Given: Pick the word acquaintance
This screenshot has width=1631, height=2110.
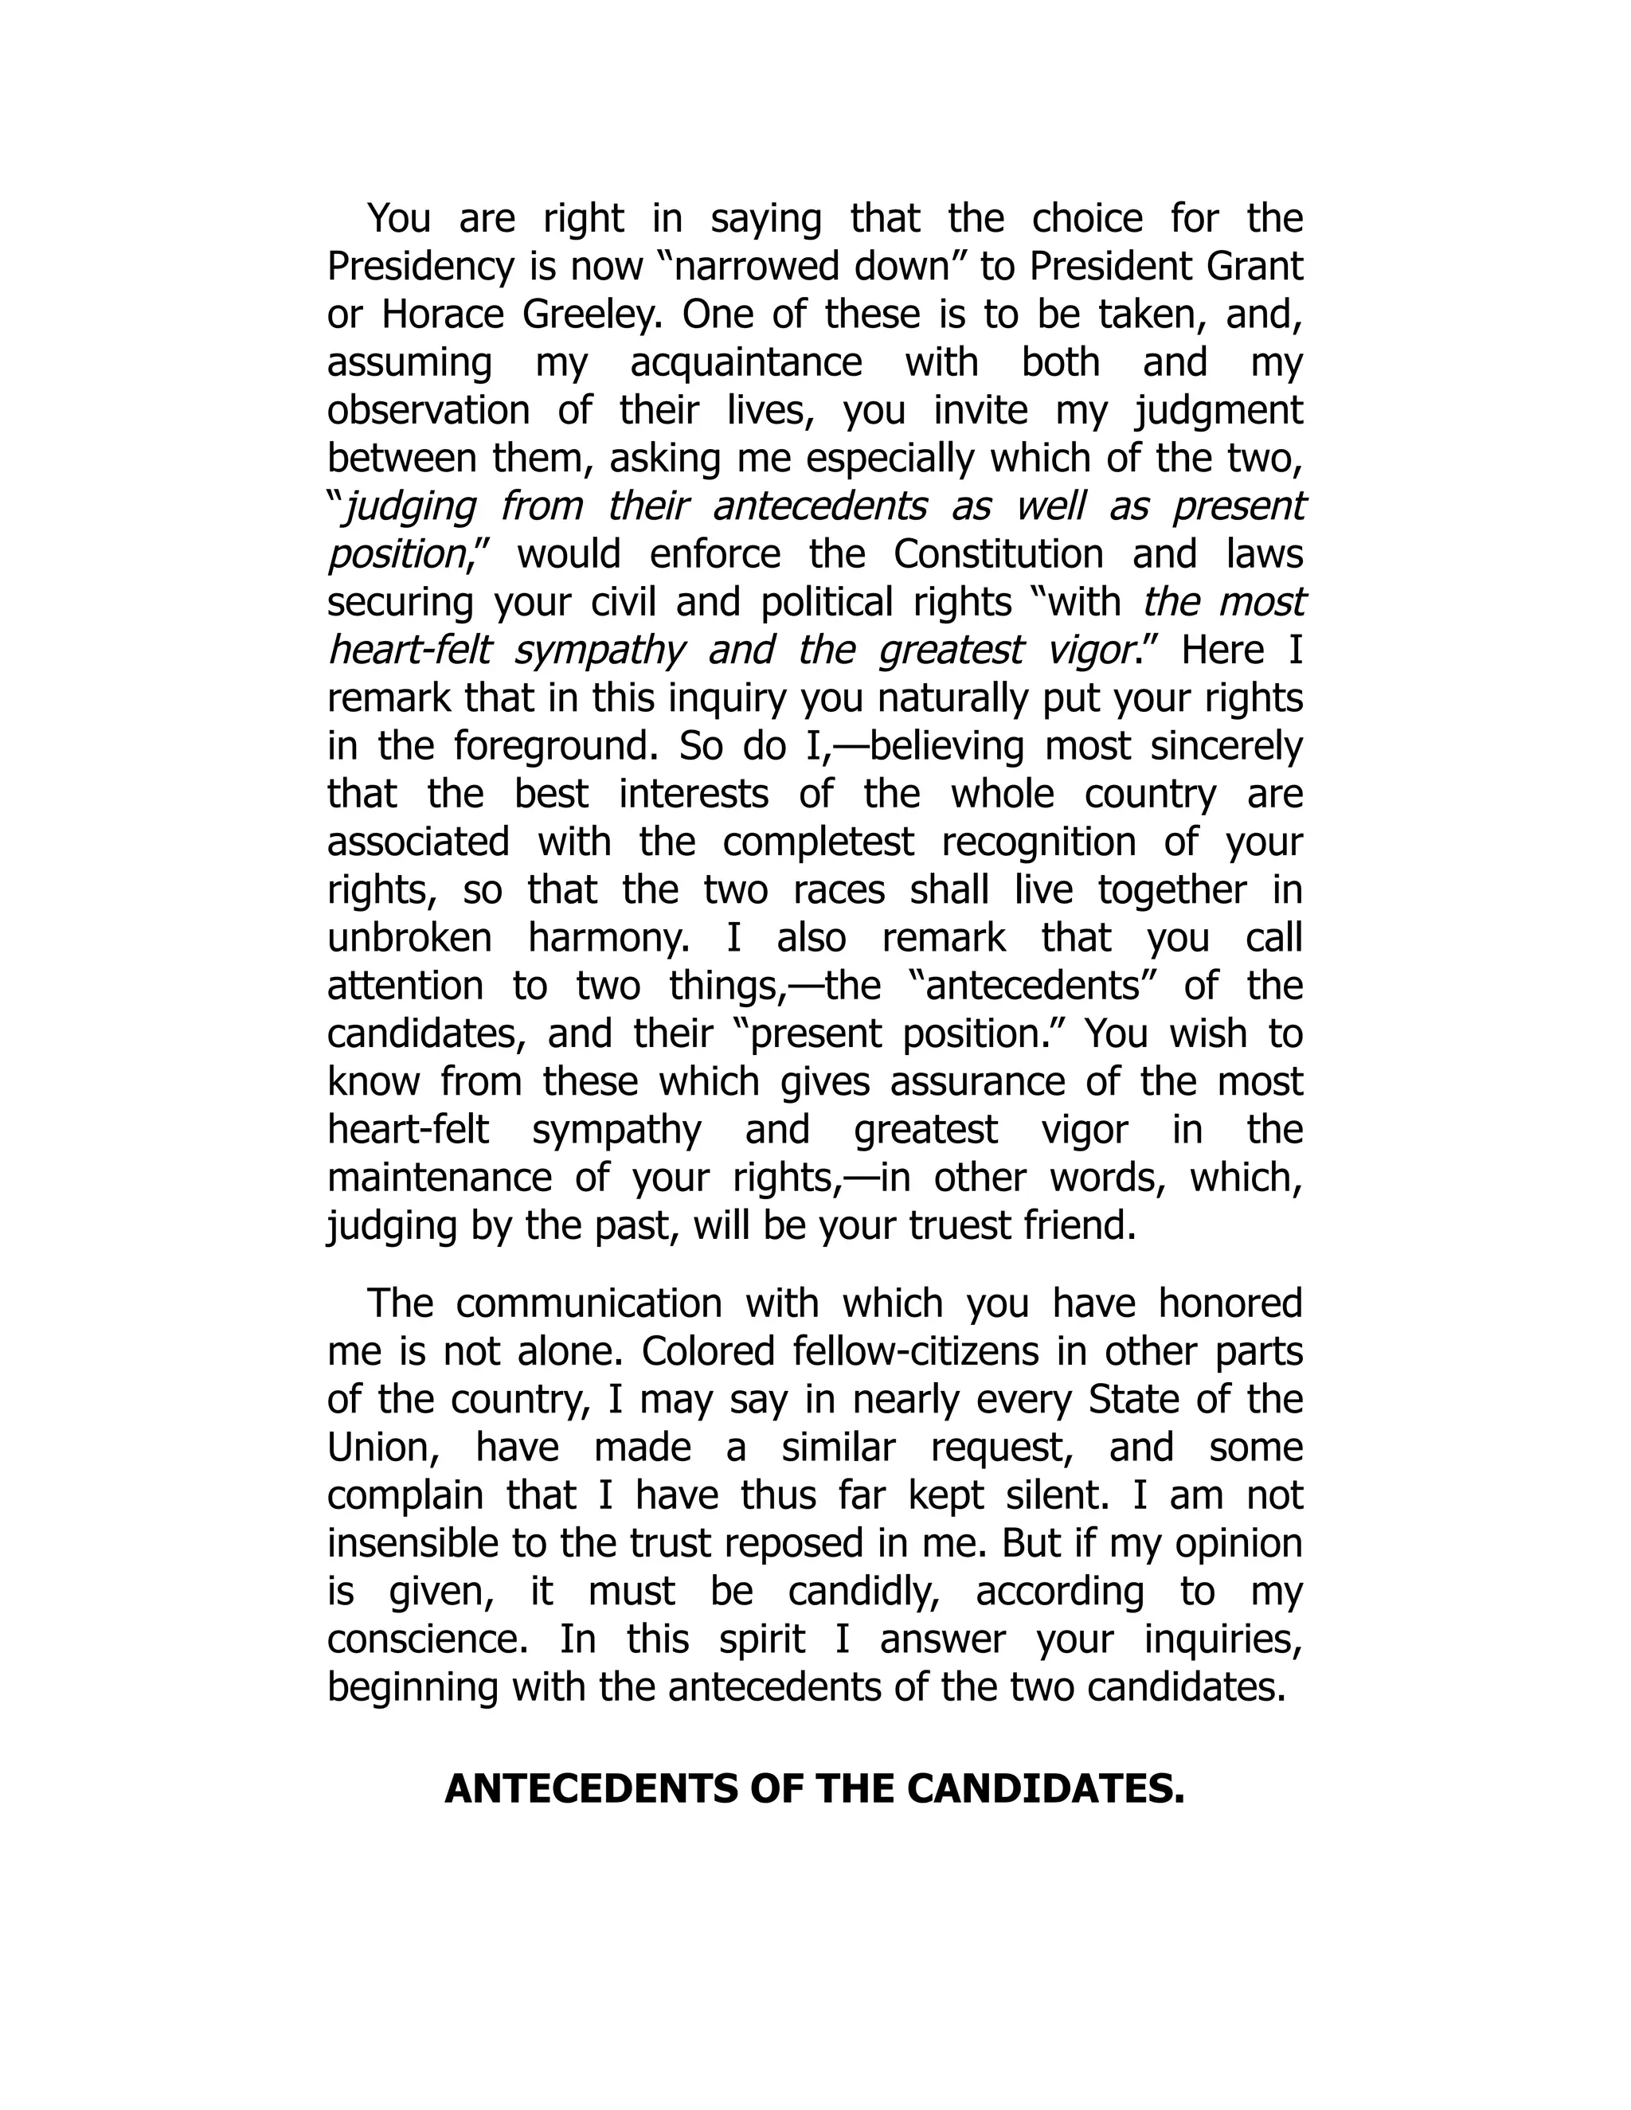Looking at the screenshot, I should click(x=746, y=363).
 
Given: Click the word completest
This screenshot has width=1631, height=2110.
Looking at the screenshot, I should click(x=817, y=842).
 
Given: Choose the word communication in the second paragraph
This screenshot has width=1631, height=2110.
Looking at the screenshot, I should click(x=589, y=1303).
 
